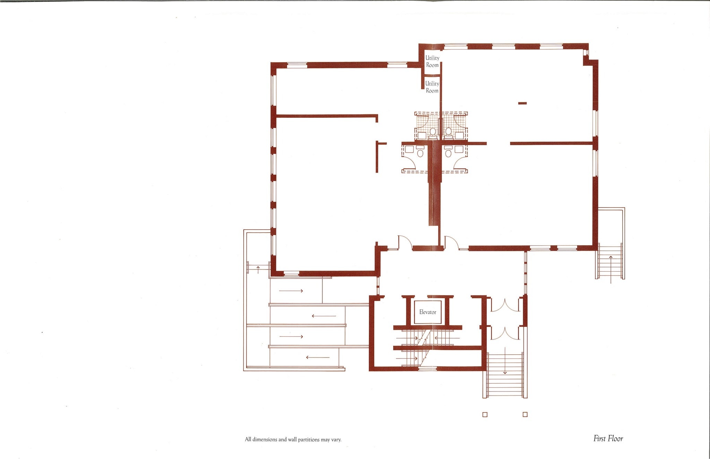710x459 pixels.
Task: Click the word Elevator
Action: click(x=427, y=312)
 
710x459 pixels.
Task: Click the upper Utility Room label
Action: click(x=432, y=61)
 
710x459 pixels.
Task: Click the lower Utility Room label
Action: click(x=432, y=87)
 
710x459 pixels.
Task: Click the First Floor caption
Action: click(x=608, y=439)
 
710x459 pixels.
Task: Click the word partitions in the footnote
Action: click(x=309, y=440)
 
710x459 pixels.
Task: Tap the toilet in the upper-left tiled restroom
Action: click(x=433, y=132)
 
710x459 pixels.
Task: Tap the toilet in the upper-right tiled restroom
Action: click(x=448, y=132)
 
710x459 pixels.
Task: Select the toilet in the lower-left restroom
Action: click(x=421, y=152)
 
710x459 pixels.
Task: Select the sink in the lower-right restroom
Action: click(x=459, y=149)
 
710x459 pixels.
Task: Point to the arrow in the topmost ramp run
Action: click(x=291, y=291)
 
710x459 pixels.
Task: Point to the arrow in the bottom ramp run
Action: click(x=318, y=357)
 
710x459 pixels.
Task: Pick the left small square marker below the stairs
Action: click(x=485, y=415)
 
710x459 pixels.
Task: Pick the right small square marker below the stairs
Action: click(x=525, y=415)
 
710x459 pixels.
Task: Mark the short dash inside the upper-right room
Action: click(x=522, y=103)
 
